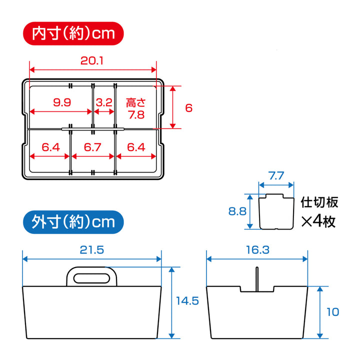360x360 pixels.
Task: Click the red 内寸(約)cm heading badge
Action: (x=72, y=33)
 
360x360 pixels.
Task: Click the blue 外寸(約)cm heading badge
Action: (x=72, y=221)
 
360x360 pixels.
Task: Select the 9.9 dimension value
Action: (x=62, y=102)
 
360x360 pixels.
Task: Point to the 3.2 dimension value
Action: (x=103, y=102)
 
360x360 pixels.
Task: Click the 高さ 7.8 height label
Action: (x=135, y=108)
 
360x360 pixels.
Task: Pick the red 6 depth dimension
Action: (x=188, y=107)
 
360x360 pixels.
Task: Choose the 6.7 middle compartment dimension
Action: (x=93, y=147)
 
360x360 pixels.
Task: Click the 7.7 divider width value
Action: (x=276, y=175)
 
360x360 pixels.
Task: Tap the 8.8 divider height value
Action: (x=236, y=211)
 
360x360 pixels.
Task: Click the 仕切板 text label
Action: (x=319, y=202)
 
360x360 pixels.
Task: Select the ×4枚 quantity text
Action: (x=319, y=221)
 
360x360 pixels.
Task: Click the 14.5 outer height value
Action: (x=187, y=301)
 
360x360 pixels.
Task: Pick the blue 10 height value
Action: (x=332, y=312)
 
